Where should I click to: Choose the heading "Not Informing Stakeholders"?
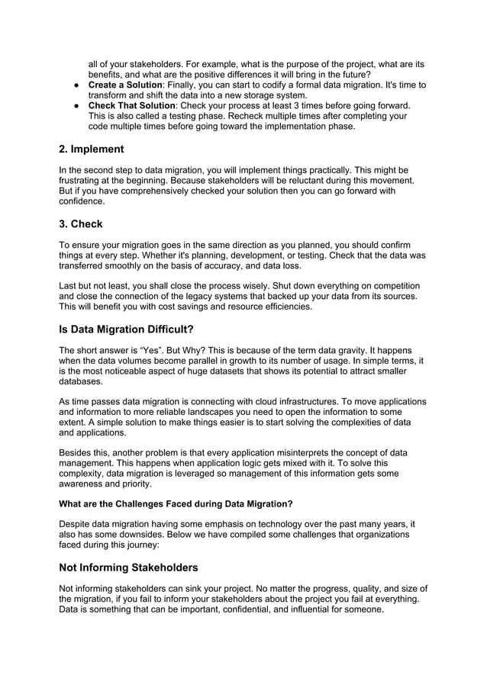pyautogui.click(x=128, y=567)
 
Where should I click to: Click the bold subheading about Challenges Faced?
pyautogui.click(x=176, y=504)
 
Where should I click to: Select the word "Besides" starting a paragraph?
pyautogui.click(x=79, y=452)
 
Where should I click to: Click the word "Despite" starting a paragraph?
pyautogui.click(x=79, y=524)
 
